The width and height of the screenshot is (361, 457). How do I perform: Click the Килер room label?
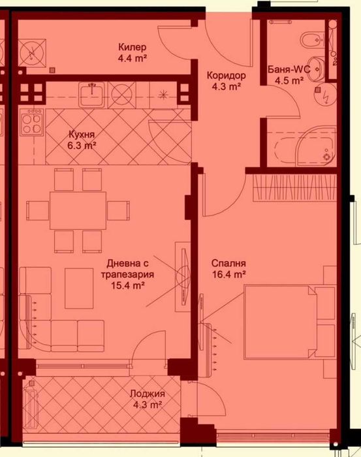point(132,47)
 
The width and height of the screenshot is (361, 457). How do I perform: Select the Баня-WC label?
point(288,70)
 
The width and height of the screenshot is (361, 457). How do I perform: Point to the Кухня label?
point(83,135)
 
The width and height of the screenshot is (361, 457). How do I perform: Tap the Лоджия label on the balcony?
point(147,394)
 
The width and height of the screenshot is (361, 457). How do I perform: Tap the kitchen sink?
point(90,96)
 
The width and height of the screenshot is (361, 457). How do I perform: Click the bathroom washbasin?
point(318,67)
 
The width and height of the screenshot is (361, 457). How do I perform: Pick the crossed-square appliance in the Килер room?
point(33,51)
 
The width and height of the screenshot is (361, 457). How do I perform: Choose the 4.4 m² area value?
point(132,57)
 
